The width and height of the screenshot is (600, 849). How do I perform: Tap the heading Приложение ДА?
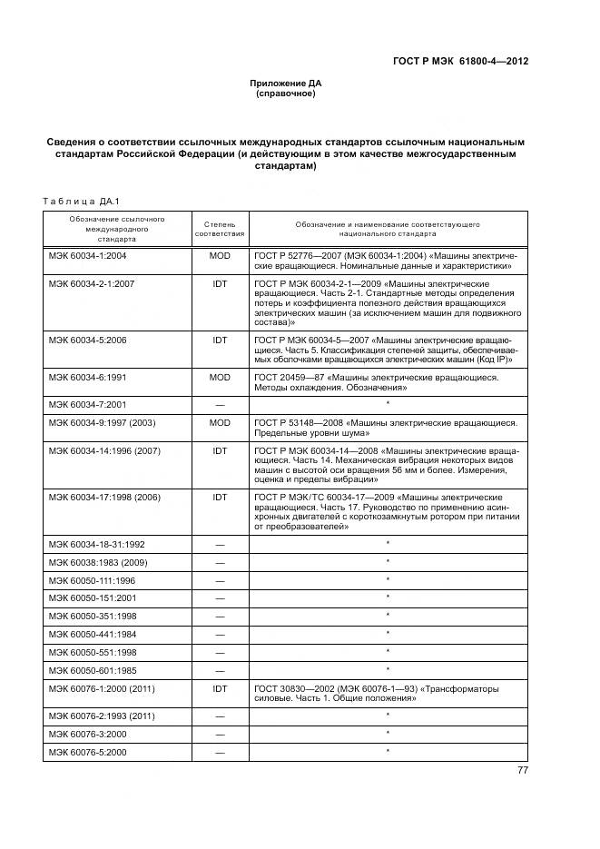click(286, 84)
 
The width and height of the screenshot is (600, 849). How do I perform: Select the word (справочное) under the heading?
click(286, 94)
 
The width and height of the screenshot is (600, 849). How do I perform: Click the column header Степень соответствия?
click(220, 227)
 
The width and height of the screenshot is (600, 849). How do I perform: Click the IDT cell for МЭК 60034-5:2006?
click(220, 339)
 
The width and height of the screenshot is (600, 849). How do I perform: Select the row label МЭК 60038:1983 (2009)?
click(103, 561)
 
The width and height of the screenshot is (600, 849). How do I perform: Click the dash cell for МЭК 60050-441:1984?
click(220, 633)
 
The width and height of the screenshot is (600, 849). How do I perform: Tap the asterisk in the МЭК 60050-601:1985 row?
click(388, 669)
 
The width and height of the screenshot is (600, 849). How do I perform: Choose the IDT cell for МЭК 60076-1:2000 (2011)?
click(220, 688)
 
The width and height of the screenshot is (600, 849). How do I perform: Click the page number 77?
click(522, 770)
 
